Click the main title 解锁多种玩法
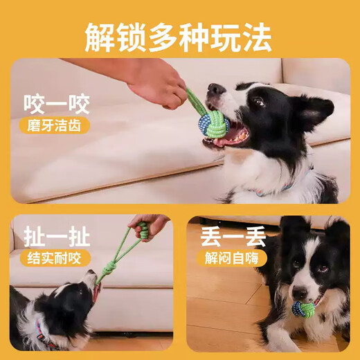click(179, 35)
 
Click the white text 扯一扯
click(57, 238)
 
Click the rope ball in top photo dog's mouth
click(213, 123)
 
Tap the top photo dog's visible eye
click(258, 102)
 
